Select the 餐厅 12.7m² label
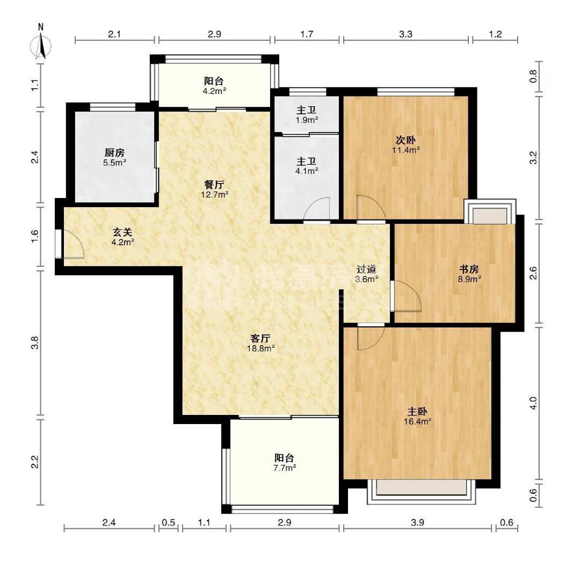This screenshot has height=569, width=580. (x=214, y=189)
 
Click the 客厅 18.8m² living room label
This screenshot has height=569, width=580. (x=261, y=342)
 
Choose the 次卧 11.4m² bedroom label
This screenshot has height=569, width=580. (x=406, y=144)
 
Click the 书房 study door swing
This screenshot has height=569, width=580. (x=408, y=296)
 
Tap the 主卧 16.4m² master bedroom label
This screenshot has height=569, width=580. (x=418, y=416)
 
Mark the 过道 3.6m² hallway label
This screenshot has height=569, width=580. (x=367, y=274)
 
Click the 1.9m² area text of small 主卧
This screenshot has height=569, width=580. (x=307, y=120)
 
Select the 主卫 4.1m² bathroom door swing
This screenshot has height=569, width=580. (x=317, y=209)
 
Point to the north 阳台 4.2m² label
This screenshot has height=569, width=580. (x=214, y=85)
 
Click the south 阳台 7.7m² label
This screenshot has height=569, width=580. (x=285, y=463)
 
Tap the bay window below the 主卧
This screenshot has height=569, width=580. (x=422, y=492)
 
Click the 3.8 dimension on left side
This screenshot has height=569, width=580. (x=35, y=342)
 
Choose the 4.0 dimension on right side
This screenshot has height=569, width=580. (x=533, y=403)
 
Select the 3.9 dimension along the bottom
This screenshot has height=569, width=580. (x=417, y=522)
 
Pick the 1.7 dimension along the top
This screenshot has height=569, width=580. (x=307, y=34)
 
